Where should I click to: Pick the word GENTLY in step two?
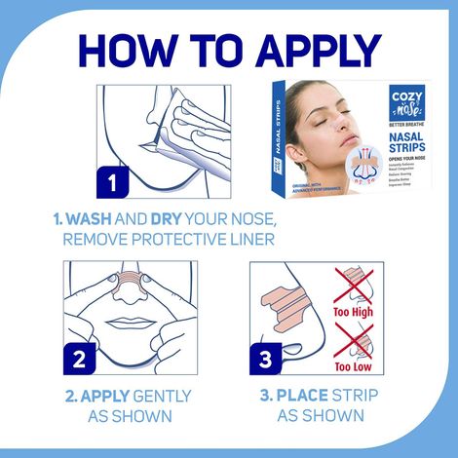[x=160, y=397]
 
